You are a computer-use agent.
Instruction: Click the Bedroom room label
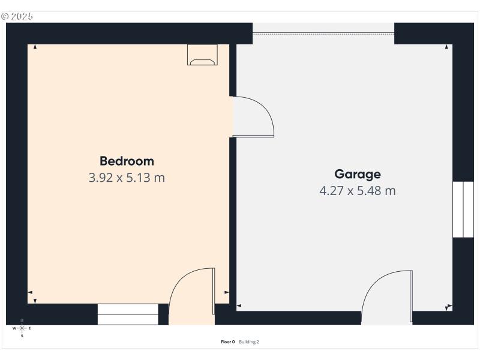[127, 161]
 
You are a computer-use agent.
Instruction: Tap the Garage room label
[358, 174]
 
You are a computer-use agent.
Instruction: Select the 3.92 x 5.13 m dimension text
[127, 178]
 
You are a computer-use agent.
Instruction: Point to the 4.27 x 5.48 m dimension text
[358, 191]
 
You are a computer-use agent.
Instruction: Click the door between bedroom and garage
[252, 117]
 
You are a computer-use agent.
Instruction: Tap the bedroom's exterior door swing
[193, 294]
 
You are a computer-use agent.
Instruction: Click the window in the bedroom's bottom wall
[128, 314]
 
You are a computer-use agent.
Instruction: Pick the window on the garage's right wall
[463, 209]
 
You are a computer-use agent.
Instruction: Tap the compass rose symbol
[22, 328]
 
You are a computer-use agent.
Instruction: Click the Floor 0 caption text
[228, 342]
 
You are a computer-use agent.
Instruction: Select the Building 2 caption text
[249, 342]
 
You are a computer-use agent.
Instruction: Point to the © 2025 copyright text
[17, 16]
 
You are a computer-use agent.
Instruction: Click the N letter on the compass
[22, 320]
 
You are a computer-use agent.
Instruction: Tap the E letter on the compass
[30, 328]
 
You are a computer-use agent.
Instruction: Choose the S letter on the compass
[22, 336]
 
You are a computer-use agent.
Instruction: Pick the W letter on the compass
[14, 328]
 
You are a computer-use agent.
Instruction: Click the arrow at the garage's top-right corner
[447, 47]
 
